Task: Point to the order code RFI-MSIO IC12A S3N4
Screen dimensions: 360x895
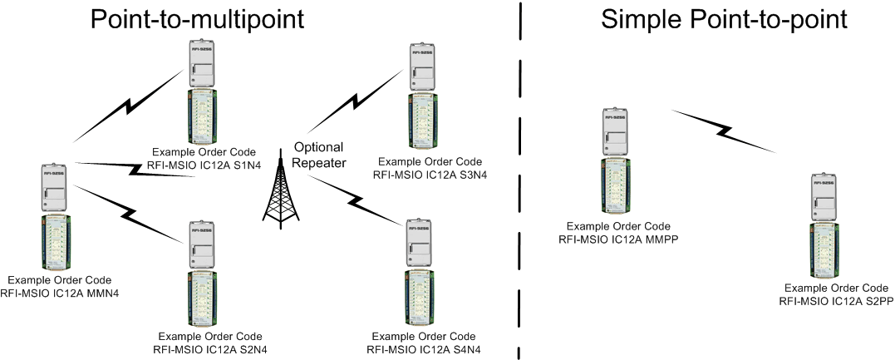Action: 429,175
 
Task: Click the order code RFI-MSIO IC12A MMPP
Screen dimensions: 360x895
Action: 616,239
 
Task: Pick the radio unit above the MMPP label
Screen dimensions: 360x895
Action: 616,131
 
